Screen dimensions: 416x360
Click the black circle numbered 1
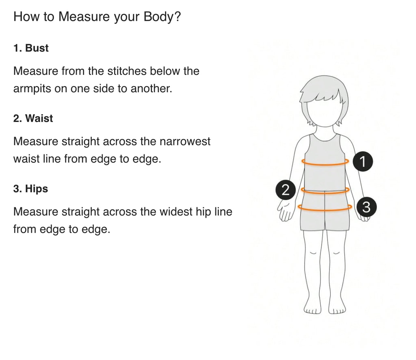click(363, 161)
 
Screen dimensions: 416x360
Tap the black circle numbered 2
click(286, 190)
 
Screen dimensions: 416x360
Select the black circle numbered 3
click(366, 207)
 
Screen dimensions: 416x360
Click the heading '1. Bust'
click(31, 48)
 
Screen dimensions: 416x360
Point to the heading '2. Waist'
click(33, 118)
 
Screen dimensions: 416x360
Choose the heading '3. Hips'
click(30, 189)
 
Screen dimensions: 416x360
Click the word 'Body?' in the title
click(162, 17)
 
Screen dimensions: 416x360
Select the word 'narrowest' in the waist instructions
click(185, 141)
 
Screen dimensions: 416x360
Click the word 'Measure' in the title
click(84, 17)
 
